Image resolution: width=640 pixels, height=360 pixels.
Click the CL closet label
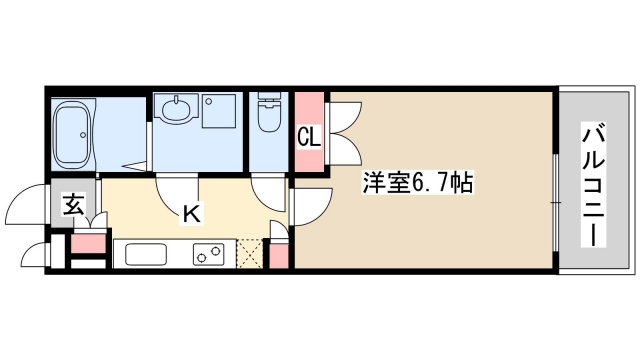(309, 136)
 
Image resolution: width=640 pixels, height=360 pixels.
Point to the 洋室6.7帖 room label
(417, 183)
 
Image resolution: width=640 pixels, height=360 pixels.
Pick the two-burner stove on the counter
(209, 254)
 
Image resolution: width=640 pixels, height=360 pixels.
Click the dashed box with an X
(250, 254)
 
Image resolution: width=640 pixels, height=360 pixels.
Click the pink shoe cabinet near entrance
(89, 243)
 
